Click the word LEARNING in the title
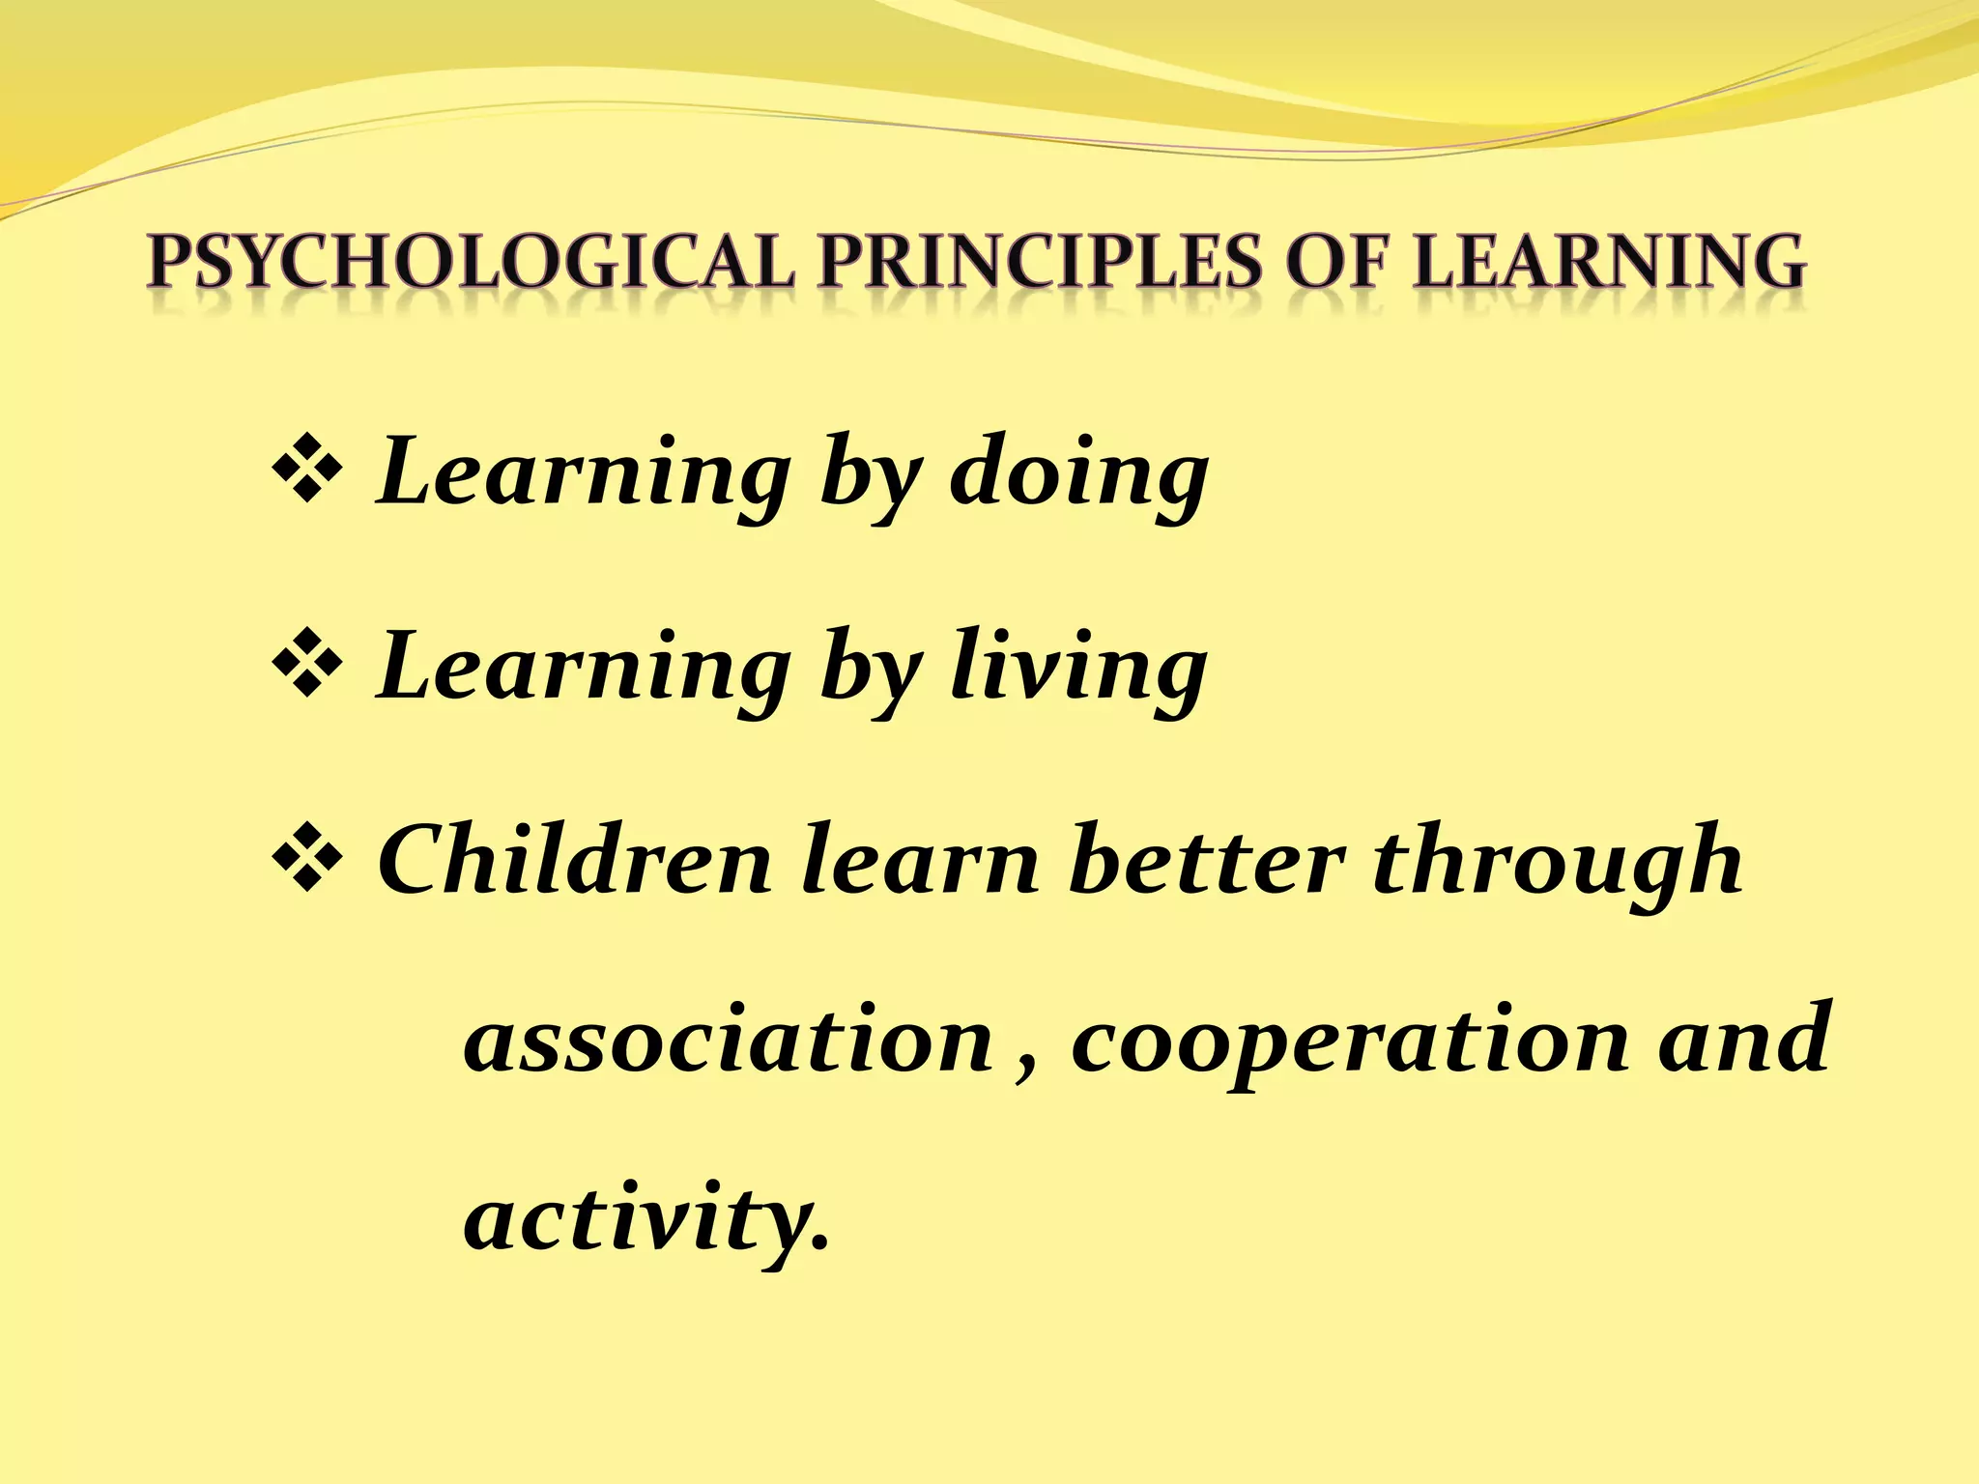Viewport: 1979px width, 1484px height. click(x=1609, y=262)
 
